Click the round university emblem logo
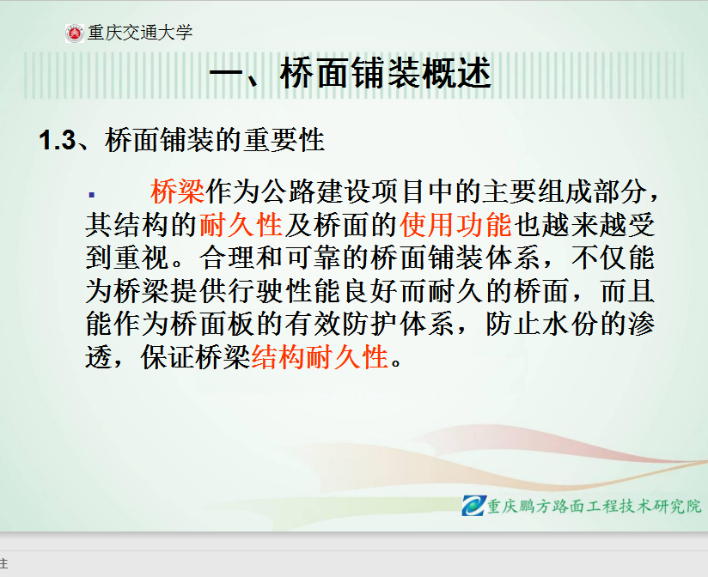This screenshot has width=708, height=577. pyautogui.click(x=75, y=33)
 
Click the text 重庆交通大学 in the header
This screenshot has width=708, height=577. pyautogui.click(x=140, y=33)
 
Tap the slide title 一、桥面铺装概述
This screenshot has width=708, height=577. pyautogui.click(x=351, y=73)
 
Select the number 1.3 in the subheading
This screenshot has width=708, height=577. pyautogui.click(x=58, y=140)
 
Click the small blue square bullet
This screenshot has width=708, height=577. pyautogui.click(x=92, y=195)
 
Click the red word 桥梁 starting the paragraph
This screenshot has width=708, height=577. pyautogui.click(x=178, y=191)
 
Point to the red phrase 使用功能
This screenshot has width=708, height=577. pyautogui.click(x=455, y=224)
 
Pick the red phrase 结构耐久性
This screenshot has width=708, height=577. pyautogui.click(x=320, y=357)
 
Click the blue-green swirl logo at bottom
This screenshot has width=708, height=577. pyautogui.click(x=473, y=505)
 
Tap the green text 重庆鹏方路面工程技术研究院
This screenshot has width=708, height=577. pyautogui.click(x=595, y=507)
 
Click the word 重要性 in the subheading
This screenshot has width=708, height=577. pyautogui.click(x=284, y=140)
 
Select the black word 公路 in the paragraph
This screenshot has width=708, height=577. pyautogui.click(x=289, y=191)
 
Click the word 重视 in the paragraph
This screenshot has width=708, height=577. pyautogui.click(x=143, y=258)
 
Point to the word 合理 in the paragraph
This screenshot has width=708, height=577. pyautogui.click(x=227, y=258)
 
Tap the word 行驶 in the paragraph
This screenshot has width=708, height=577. pyautogui.click(x=255, y=291)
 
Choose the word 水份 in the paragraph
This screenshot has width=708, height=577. pyautogui.click(x=571, y=324)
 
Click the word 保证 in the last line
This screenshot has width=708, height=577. pyautogui.click(x=168, y=357)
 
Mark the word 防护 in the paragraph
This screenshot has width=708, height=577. pyautogui.click(x=369, y=324)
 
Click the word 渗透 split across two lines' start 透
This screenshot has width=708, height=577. pyautogui.click(x=99, y=357)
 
